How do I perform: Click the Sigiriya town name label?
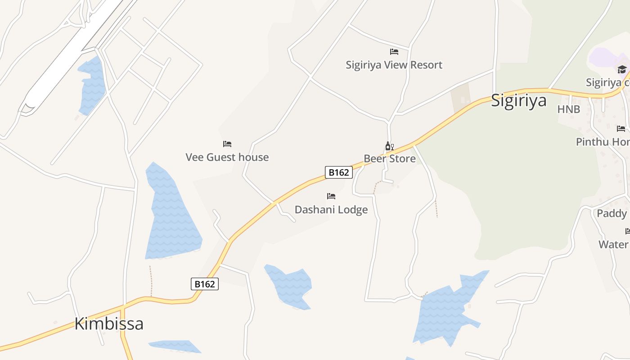pyautogui.click(x=518, y=100)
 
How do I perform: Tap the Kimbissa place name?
pyautogui.click(x=109, y=324)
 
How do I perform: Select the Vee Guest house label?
pyautogui.click(x=227, y=157)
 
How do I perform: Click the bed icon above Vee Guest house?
pyautogui.click(x=227, y=144)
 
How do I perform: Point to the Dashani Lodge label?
pyautogui.click(x=331, y=209)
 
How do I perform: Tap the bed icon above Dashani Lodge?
pyautogui.click(x=331, y=196)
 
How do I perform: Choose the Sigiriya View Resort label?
pyautogui.click(x=394, y=65)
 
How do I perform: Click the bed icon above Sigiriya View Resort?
pyautogui.click(x=394, y=52)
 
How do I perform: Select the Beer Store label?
pyautogui.click(x=390, y=158)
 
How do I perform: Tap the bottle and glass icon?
pyautogui.click(x=389, y=146)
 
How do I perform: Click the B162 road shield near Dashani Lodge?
pyautogui.click(x=338, y=172)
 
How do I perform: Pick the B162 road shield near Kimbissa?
pyautogui.click(x=205, y=284)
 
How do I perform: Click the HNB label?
pyautogui.click(x=569, y=109)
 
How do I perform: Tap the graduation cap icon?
pyautogui.click(x=622, y=69)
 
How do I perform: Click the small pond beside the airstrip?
pyautogui.click(x=92, y=85)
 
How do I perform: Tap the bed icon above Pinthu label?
pyautogui.click(x=621, y=129)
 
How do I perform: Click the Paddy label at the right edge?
pyautogui.click(x=612, y=213)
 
